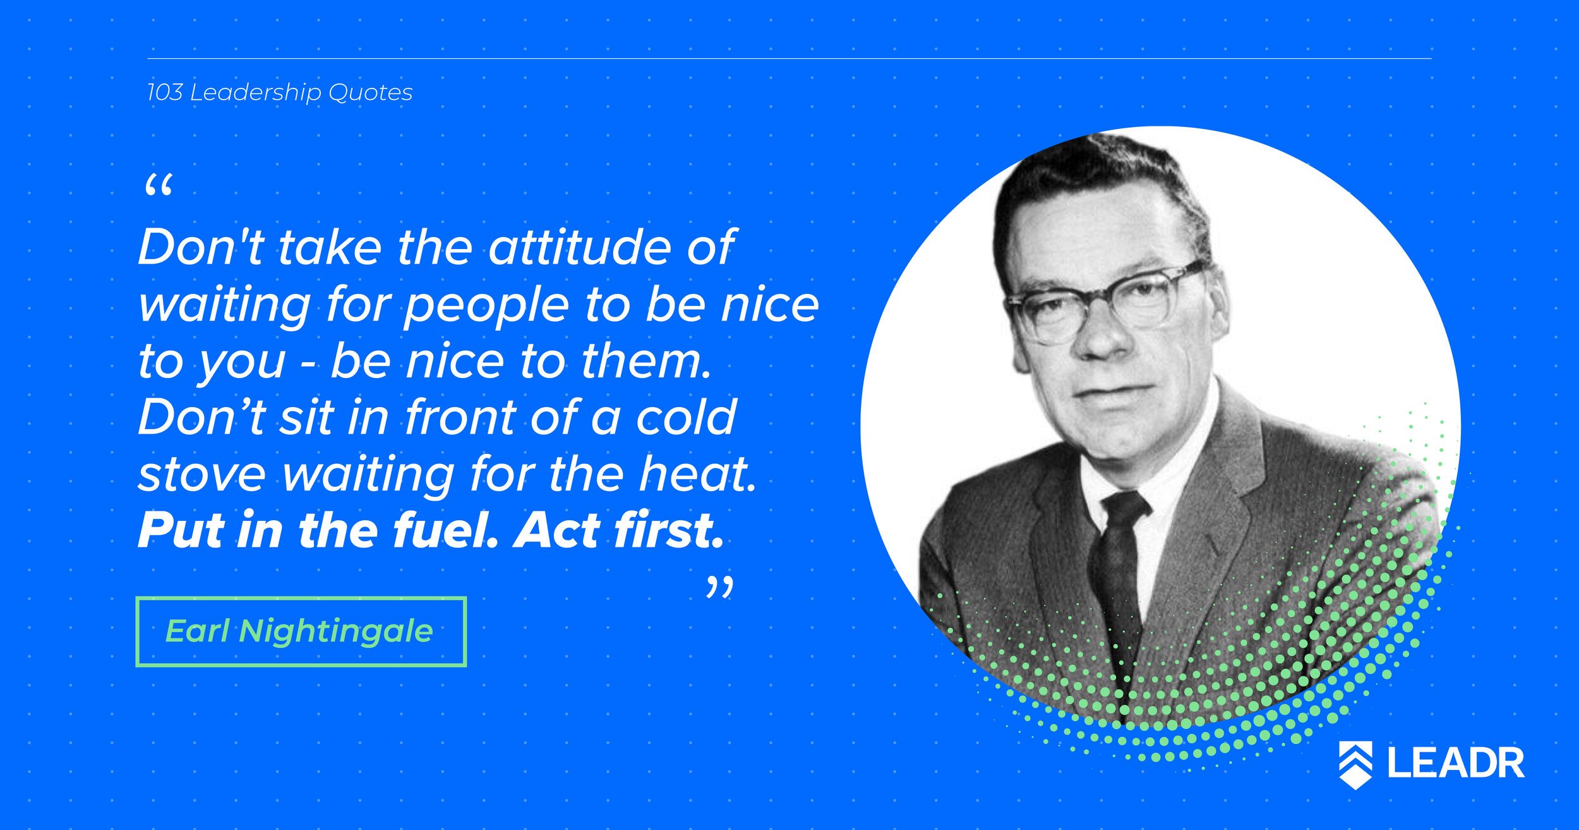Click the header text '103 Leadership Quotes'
[x=279, y=93]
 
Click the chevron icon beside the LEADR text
[x=1355, y=764]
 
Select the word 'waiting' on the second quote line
[x=224, y=306]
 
